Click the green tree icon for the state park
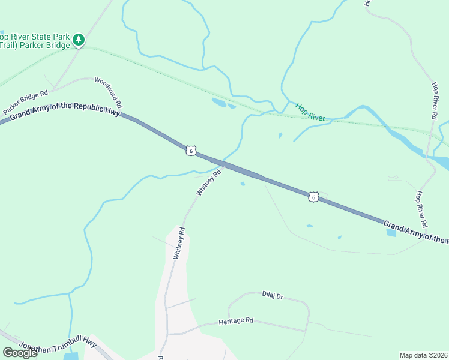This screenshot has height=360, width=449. (78, 40)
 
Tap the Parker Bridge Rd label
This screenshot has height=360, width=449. (25, 103)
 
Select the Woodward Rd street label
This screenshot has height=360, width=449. (108, 92)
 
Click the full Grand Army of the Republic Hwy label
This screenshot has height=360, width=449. (65, 111)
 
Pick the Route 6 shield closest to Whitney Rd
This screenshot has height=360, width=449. (190, 151)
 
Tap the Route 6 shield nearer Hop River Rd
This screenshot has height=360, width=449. (313, 196)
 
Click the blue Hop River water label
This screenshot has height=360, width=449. (310, 112)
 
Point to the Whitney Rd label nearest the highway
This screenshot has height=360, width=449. (209, 182)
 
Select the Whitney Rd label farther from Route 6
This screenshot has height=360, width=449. (179, 243)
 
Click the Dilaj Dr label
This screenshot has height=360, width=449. (272, 295)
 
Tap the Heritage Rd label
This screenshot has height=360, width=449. (236, 321)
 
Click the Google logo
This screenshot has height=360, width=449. (20, 353)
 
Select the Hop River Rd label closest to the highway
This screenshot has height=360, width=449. (421, 209)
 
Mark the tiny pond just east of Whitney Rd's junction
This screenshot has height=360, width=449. (243, 184)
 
